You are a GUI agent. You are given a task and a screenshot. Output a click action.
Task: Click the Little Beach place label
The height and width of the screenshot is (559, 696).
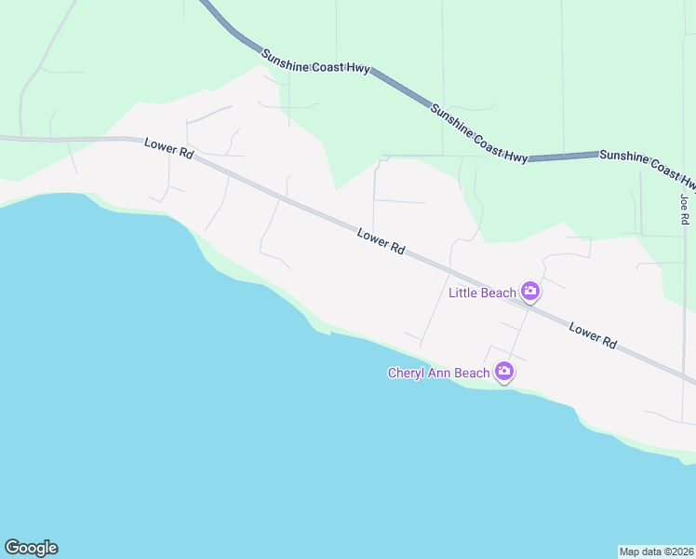point(482,293)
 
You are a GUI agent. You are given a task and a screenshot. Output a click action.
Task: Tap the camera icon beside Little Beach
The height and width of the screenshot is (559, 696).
point(530,292)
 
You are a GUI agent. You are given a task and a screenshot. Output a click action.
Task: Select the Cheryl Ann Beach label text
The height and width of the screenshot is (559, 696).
point(438,374)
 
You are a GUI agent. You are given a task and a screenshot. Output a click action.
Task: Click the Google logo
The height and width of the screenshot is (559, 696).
point(31,548)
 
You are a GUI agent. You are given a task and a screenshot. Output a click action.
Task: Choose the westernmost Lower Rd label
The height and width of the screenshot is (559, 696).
point(168,148)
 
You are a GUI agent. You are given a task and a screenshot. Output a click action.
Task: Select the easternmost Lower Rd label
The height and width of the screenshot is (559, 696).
point(593,336)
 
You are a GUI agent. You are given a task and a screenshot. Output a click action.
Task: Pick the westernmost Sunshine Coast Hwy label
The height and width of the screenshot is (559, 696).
point(316,61)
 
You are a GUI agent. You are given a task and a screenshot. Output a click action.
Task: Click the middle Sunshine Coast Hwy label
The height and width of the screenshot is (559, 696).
point(479,133)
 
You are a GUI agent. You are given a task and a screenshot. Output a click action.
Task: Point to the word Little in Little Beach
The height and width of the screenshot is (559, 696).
point(464,293)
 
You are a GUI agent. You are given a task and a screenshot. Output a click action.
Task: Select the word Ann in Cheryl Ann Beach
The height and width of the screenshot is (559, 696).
point(442,374)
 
